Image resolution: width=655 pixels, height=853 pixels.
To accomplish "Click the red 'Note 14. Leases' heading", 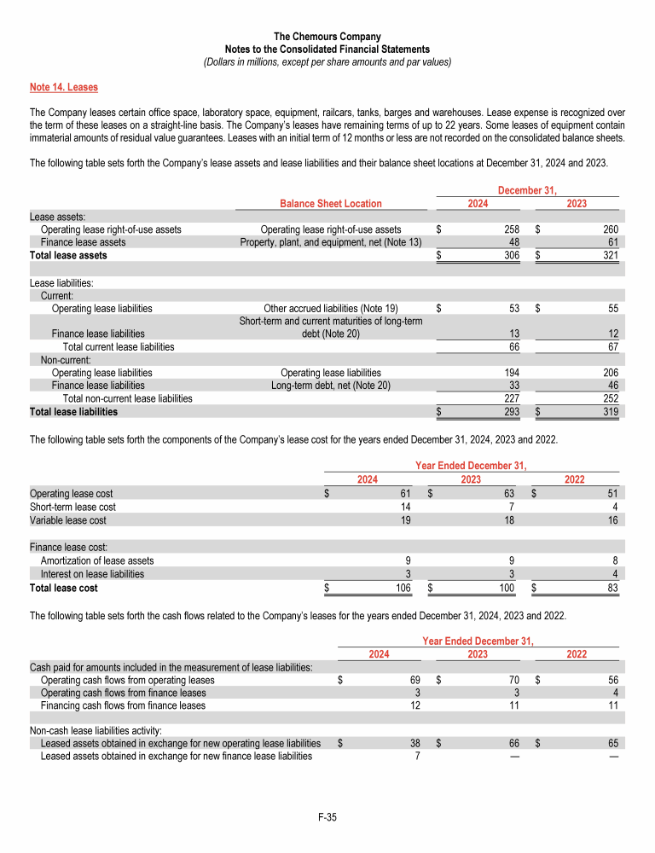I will coord(63,87).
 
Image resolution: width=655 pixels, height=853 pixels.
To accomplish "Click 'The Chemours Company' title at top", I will coord(327,37).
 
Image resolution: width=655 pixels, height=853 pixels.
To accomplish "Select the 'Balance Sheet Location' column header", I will coord(331,203).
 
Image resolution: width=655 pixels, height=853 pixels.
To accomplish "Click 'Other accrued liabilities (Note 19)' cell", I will coord(331,308).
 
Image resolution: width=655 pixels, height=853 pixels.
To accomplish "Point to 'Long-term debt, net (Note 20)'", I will coord(331,386).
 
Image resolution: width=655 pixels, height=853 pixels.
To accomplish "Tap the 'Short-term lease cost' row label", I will coord(72,507).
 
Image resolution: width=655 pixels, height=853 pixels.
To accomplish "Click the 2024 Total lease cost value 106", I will coord(403,588).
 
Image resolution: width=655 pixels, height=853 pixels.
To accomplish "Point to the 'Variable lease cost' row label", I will coord(68,519).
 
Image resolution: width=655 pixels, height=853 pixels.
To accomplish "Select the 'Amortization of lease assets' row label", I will coord(97,561).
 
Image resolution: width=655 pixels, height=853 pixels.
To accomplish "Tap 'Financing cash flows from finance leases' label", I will coord(123,705).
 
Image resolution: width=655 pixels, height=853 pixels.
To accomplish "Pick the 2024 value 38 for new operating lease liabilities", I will coord(409,743).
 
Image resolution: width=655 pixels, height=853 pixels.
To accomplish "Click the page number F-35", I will coord(327,818).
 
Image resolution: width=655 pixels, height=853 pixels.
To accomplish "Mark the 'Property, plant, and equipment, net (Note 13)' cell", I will coord(331,242).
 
